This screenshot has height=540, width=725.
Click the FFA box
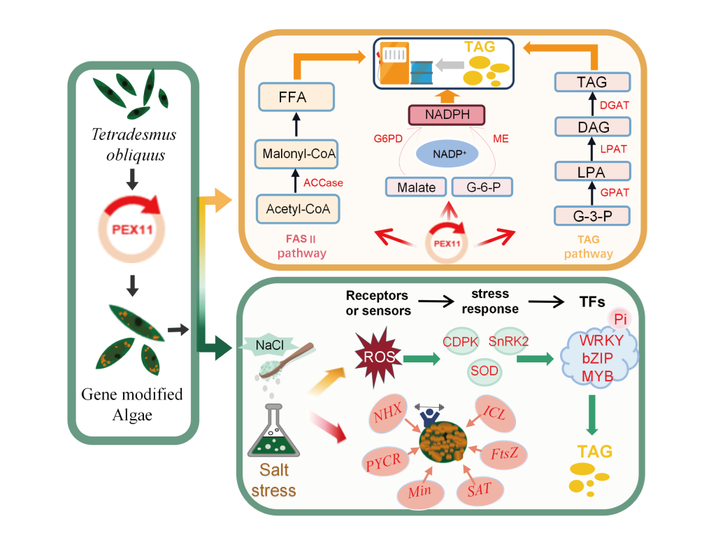(x=292, y=97)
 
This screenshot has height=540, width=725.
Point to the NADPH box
(x=445, y=113)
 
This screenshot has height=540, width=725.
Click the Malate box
(x=415, y=187)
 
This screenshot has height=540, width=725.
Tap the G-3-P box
(x=593, y=215)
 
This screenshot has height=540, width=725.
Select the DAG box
(x=593, y=127)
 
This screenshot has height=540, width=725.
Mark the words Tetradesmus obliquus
(x=133, y=143)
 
